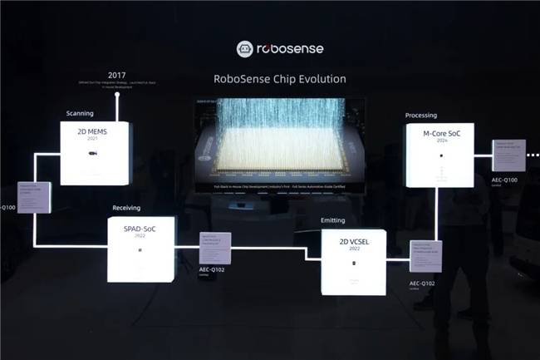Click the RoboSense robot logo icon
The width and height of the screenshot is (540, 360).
pyautogui.click(x=245, y=49)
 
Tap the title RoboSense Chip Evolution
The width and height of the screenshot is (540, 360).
pyautogui.click(x=269, y=79)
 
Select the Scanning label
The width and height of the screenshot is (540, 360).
pyautogui.click(x=80, y=112)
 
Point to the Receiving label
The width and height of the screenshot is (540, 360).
pyautogui.click(x=128, y=208)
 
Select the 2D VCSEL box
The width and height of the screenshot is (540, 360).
pyautogui.click(x=354, y=261)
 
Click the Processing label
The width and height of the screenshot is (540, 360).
pyautogui.click(x=421, y=116)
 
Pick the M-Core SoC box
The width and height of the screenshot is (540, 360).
pyautogui.click(x=439, y=155)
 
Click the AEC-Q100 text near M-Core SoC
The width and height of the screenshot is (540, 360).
pyautogui.click(x=504, y=180)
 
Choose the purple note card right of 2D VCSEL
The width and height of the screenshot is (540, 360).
pyautogui.click(x=425, y=256)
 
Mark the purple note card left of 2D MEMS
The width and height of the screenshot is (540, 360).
pyautogui.click(x=34, y=197)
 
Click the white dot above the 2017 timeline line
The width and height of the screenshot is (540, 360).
pyautogui.click(x=118, y=94)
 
